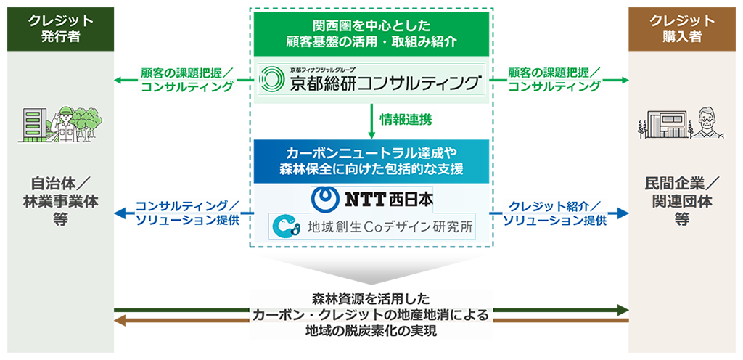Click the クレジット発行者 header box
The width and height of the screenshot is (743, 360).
pos(61,29)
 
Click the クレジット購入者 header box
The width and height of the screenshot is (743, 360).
pos(682,29)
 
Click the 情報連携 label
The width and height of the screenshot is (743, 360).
pos(406,120)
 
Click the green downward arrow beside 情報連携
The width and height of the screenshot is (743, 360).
pos(371,121)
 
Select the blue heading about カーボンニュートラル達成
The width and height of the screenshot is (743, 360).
pos(371,162)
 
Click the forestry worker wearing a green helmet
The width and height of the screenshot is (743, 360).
pos(65,124)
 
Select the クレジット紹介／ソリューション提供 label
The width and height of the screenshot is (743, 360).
pos(555,213)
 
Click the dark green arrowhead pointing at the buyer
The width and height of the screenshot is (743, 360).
pos(623,310)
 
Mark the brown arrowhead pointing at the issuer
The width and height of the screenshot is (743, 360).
pos(120,321)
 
